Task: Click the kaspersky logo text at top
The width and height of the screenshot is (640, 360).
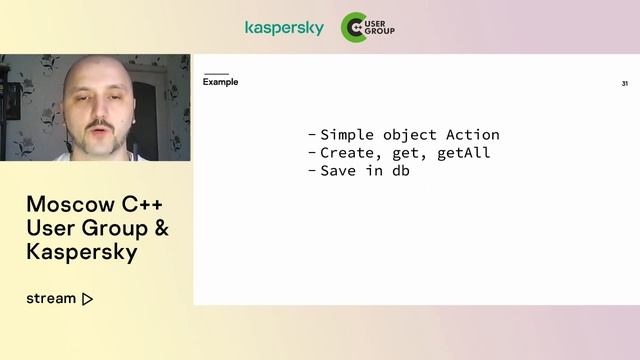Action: [284, 28]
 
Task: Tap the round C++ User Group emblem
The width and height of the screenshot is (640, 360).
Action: [353, 27]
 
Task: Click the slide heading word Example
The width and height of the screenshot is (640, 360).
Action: [220, 82]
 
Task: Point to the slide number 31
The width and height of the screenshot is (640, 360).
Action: [624, 84]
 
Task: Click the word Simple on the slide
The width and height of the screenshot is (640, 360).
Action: [346, 135]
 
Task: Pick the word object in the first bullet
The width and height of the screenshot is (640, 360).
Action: [409, 135]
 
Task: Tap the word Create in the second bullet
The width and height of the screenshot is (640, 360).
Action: [346, 153]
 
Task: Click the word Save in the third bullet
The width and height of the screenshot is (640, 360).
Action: [338, 171]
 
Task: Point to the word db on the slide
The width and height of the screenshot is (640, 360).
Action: [400, 171]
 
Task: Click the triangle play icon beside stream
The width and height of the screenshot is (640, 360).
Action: [88, 298]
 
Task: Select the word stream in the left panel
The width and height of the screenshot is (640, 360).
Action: [51, 298]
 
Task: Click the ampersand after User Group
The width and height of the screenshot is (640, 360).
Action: [158, 229]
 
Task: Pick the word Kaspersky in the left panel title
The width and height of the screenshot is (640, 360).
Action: [81, 252]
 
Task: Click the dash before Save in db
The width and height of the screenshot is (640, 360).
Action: [312, 171]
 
